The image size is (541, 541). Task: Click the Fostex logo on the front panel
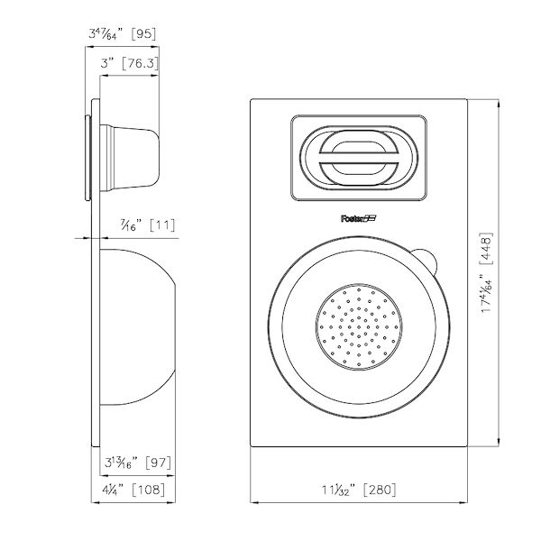coord(359,217)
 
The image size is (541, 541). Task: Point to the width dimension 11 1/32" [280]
coord(358,490)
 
